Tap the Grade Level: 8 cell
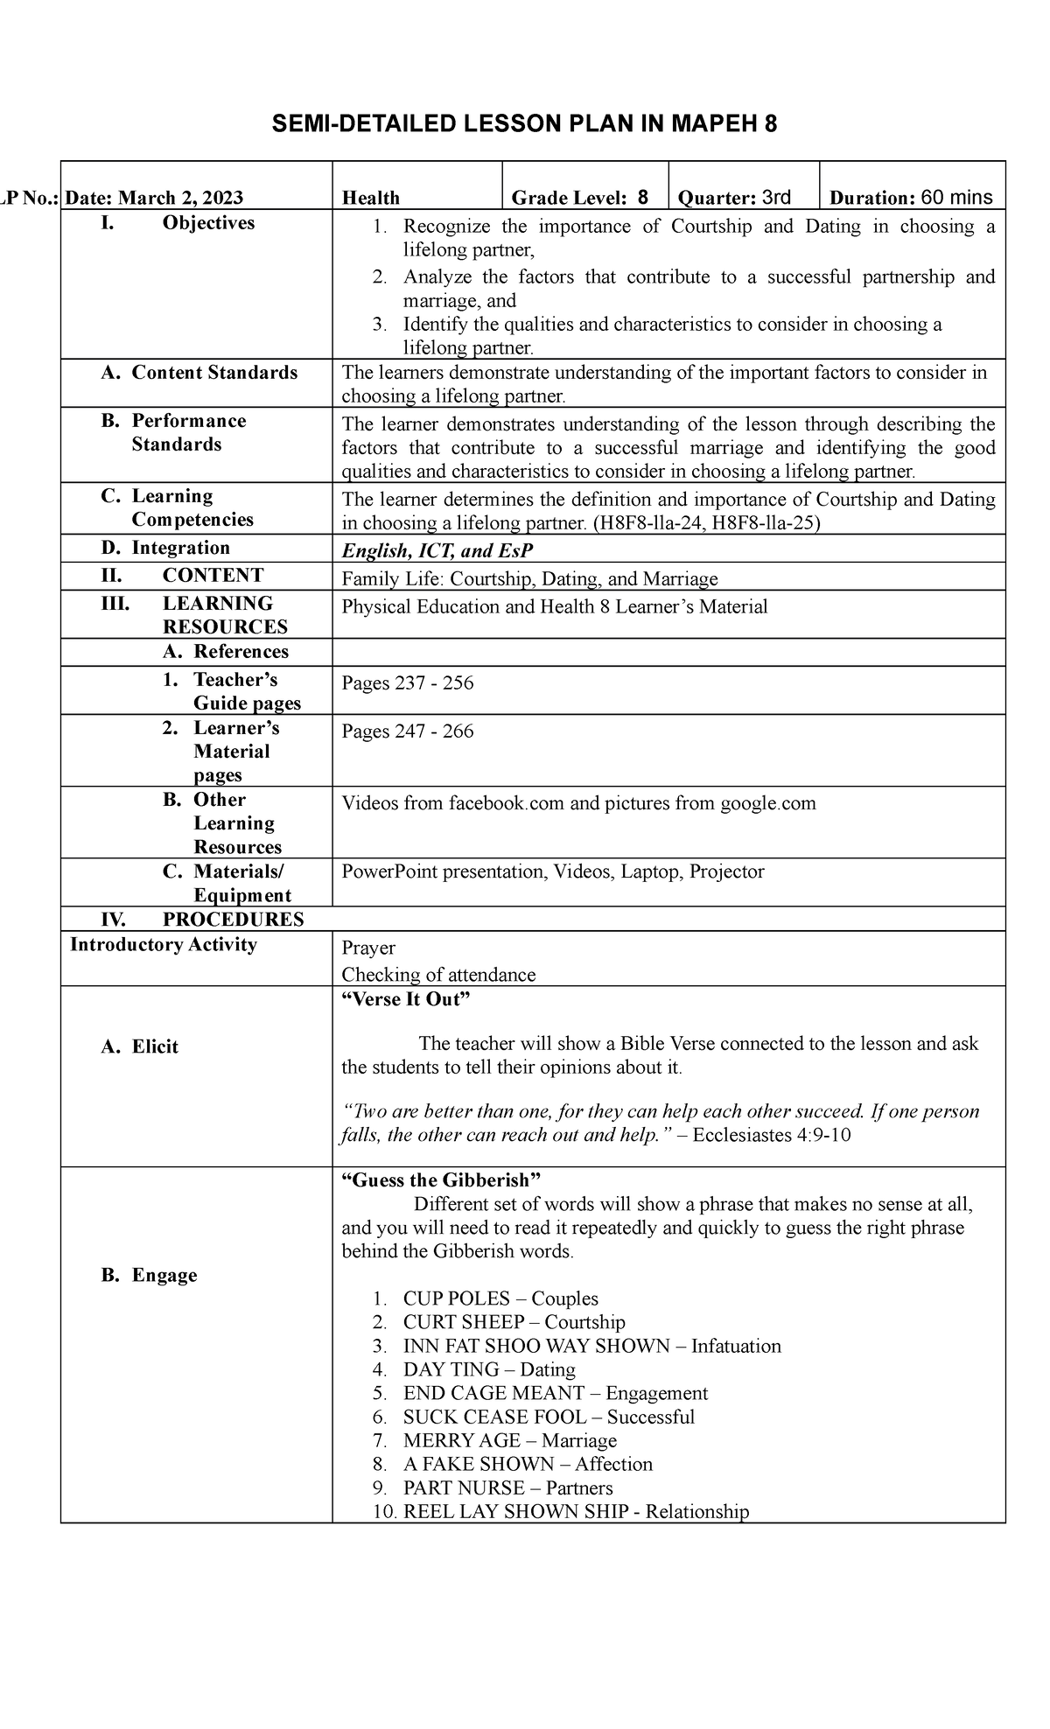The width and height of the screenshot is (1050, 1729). (x=580, y=198)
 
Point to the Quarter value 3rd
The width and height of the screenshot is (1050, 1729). (x=776, y=197)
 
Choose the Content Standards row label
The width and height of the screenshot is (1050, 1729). (x=213, y=373)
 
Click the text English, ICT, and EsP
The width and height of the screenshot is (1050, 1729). (x=437, y=550)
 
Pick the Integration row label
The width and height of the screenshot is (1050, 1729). (x=180, y=548)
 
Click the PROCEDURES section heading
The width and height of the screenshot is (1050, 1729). (x=233, y=919)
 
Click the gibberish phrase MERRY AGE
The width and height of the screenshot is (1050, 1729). (x=461, y=1440)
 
